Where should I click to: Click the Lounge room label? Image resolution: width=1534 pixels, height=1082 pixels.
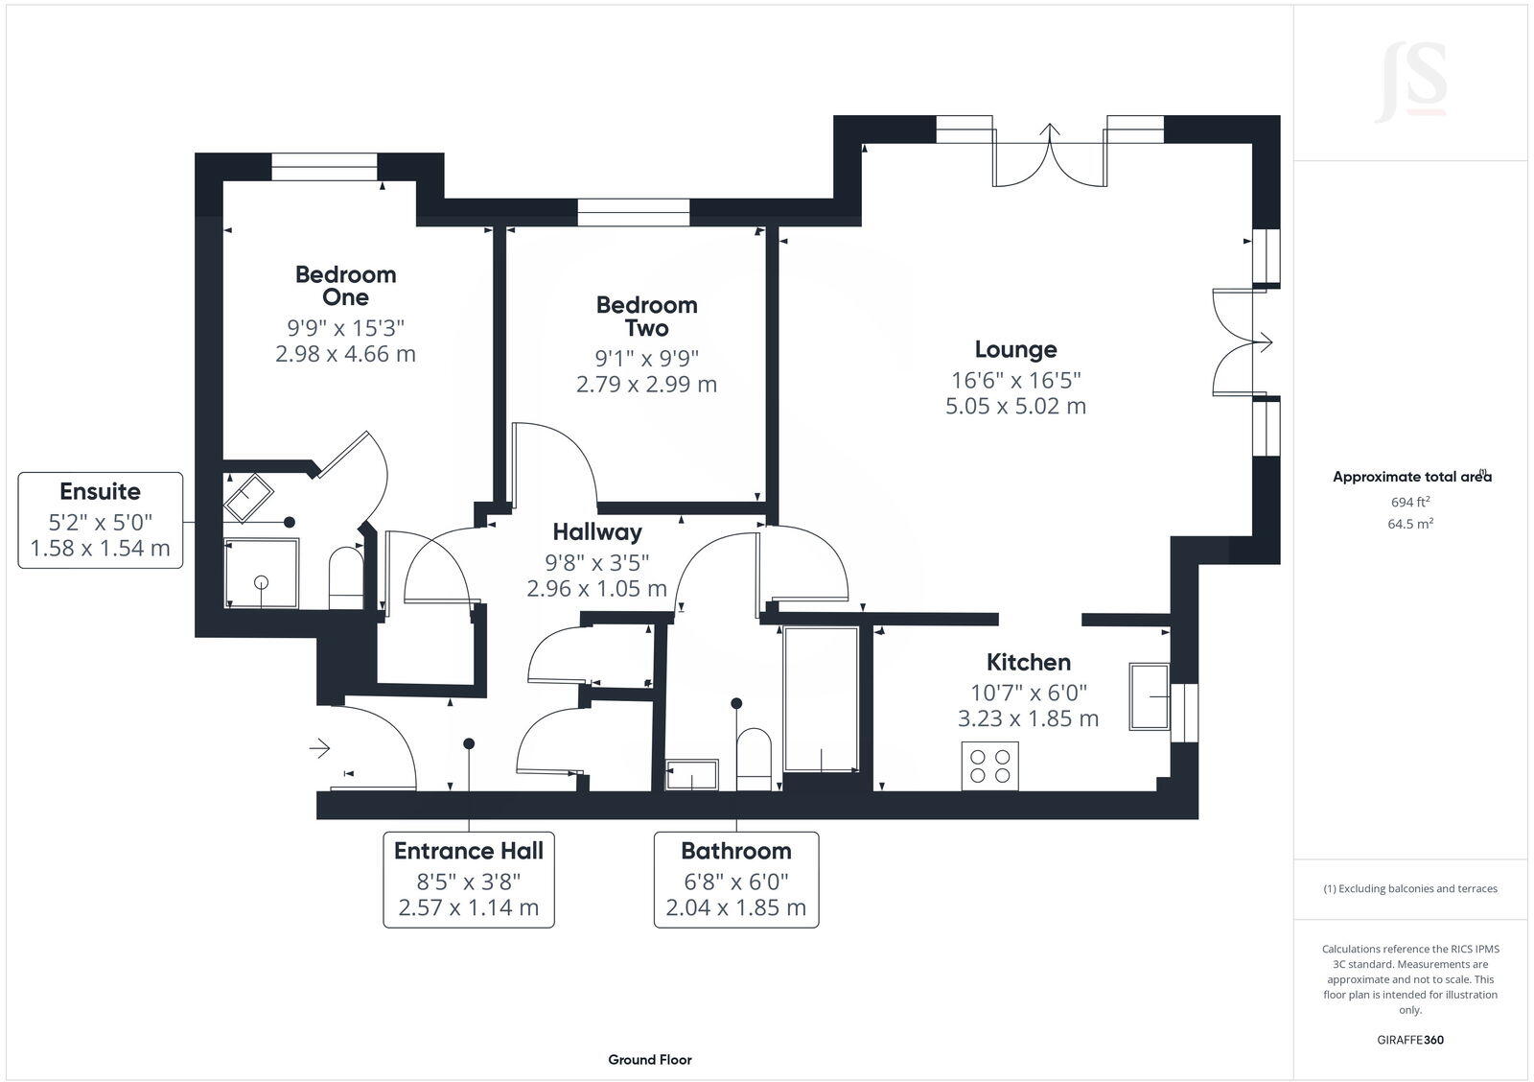coord(1015,349)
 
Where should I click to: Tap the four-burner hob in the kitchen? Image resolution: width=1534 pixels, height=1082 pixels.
coord(989,765)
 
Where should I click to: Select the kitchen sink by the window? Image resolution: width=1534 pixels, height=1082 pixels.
coord(1149,695)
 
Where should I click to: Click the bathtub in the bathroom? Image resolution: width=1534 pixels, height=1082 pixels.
coord(821,699)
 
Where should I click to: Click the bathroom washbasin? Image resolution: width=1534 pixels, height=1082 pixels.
coord(691,774)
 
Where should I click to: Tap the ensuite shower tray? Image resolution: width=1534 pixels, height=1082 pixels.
coord(261,573)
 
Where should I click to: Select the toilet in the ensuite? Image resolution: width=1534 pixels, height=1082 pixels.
coord(345,577)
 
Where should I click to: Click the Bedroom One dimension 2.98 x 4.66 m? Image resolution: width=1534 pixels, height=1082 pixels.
coord(345,354)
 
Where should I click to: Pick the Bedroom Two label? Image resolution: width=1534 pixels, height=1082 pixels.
coord(646,317)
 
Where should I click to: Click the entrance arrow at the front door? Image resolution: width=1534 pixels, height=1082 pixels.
coord(319,747)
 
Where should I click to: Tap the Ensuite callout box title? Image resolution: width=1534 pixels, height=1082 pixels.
coord(100,491)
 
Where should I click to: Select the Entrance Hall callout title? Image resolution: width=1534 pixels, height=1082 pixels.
coord(468,851)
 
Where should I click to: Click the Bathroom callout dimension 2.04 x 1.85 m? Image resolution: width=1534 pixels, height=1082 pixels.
coord(735,907)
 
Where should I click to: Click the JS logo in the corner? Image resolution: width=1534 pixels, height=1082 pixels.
coord(1410,81)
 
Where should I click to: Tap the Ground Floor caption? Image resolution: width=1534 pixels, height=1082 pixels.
coord(649,1060)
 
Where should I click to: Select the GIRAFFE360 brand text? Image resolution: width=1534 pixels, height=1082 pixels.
coord(1410,1040)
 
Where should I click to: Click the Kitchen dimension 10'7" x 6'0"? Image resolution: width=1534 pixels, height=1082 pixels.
coord(1028,693)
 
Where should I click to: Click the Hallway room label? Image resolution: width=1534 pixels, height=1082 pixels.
coord(596,531)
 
